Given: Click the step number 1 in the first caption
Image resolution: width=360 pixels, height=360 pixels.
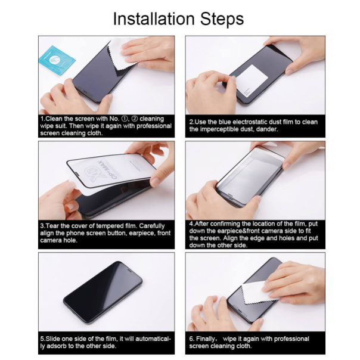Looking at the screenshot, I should click(x=42, y=119).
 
